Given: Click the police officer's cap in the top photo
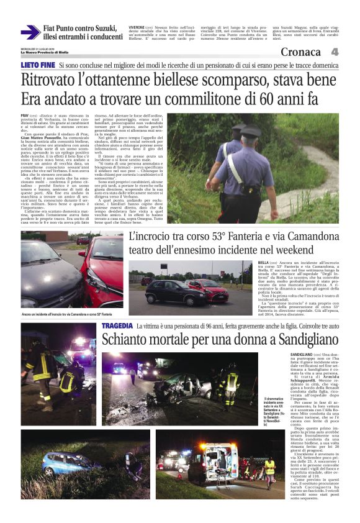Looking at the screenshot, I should [x=238, y=129].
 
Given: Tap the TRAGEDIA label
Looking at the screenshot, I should [x=117, y=326].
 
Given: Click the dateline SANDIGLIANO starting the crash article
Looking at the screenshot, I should [x=303, y=355].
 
